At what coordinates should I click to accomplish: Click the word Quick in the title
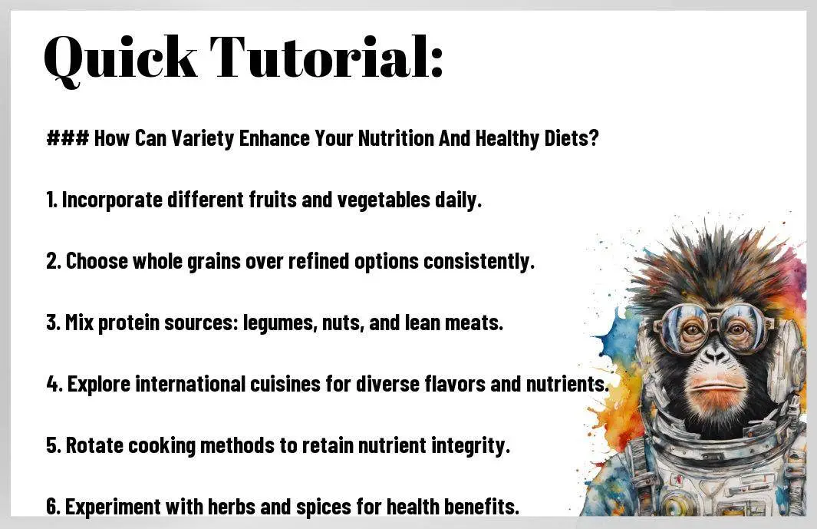[120, 59]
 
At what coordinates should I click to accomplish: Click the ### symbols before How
[68, 138]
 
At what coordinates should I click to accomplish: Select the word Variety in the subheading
[203, 139]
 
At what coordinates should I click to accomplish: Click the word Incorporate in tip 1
[112, 200]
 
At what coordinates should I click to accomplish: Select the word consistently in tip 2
[479, 261]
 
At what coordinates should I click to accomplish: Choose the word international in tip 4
[190, 384]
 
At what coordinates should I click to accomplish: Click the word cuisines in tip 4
[285, 384]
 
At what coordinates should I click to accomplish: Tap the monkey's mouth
[715, 388]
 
